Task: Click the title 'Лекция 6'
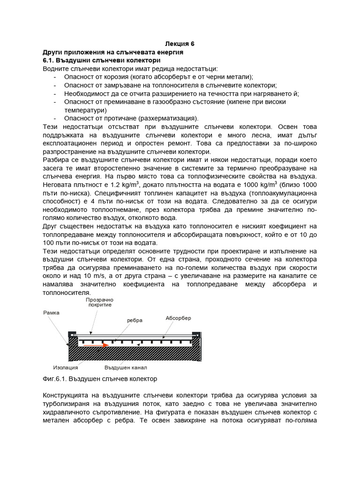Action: pyautogui.click(x=180, y=44)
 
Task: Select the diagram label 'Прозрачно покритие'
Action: pyautogui.click(x=99, y=302)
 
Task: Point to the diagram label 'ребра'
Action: pyautogui.click(x=134, y=320)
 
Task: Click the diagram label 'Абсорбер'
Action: pyautogui.click(x=178, y=318)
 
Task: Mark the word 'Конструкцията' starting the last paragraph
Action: pyautogui.click(x=68, y=395)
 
